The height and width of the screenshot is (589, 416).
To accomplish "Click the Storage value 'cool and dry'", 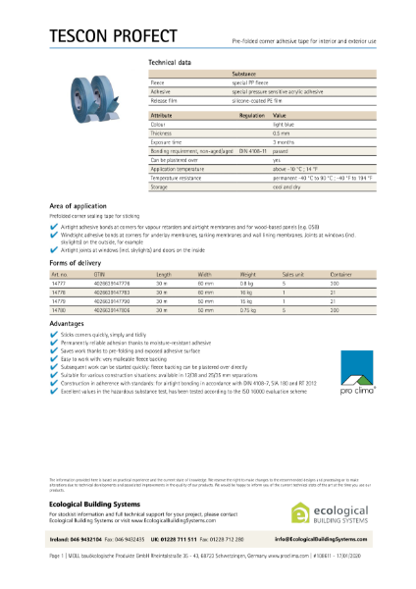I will (286, 185).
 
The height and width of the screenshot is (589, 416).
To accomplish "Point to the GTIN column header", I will (99, 274).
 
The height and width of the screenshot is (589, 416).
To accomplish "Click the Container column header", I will (341, 274).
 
